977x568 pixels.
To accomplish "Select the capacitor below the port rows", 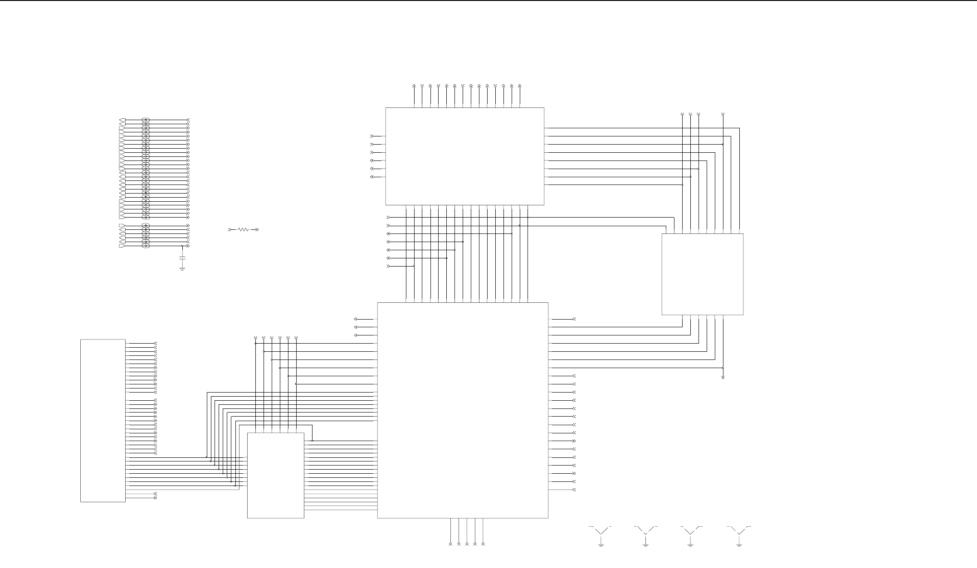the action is point(182,258).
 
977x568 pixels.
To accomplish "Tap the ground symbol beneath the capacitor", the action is point(182,269).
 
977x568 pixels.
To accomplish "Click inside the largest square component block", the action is point(463,410).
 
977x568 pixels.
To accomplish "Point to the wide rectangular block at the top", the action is point(464,156).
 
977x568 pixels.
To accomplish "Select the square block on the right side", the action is point(702,274).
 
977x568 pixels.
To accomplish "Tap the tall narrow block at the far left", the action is point(103,420).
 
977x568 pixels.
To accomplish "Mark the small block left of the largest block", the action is point(275,475).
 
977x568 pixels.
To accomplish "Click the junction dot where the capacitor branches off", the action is point(182,246).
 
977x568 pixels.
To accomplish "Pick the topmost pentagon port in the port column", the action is point(122,120).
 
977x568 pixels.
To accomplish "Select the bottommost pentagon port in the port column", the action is point(122,246).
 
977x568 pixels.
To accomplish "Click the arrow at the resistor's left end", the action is point(230,230).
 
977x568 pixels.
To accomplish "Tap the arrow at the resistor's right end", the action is point(257,230).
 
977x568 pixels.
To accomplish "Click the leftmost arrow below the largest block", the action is point(450,543).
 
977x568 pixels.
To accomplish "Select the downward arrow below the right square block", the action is point(723,376).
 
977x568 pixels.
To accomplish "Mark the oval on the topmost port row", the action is point(146,120).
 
